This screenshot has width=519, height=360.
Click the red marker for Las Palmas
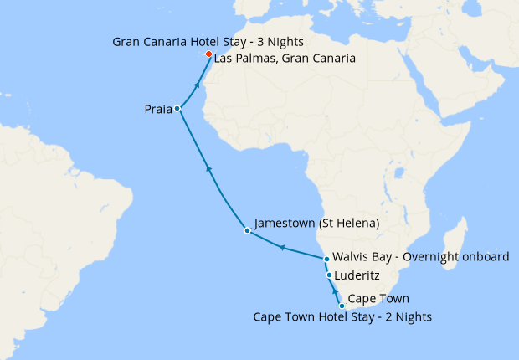point(208,54)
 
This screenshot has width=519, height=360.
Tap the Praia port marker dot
point(177,109)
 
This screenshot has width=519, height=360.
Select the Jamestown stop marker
point(246,230)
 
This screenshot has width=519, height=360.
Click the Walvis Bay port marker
point(327,259)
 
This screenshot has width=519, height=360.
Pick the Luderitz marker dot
point(329,275)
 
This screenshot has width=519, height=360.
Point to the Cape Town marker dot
point(342,306)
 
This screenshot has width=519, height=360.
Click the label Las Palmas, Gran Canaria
point(285,59)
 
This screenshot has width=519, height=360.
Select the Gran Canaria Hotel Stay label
point(208,41)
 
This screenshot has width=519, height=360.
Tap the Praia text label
point(157,109)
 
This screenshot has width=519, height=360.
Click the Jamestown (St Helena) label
point(317,224)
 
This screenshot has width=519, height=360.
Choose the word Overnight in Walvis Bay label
point(431,257)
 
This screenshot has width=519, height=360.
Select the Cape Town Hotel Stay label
point(343,316)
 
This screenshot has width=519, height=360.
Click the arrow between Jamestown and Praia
point(209,170)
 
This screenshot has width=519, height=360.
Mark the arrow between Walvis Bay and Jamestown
point(282,248)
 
